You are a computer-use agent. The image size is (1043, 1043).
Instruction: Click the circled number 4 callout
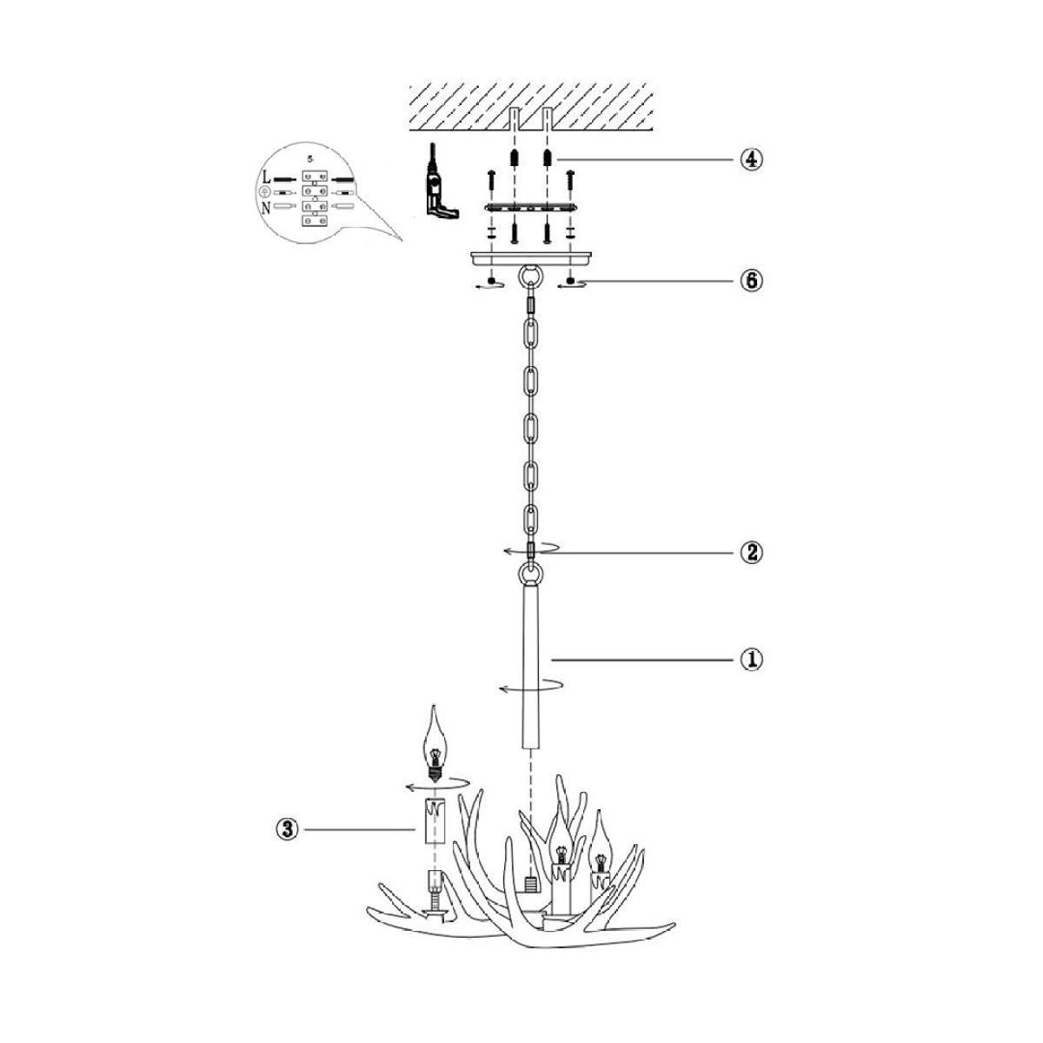pyautogui.click(x=751, y=160)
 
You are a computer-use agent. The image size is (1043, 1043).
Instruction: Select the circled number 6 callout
pyautogui.click(x=751, y=281)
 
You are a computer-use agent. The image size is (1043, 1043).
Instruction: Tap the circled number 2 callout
pyautogui.click(x=751, y=553)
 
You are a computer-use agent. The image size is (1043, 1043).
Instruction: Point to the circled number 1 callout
pyautogui.click(x=751, y=661)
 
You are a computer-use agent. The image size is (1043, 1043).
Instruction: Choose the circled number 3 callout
pyautogui.click(x=287, y=844)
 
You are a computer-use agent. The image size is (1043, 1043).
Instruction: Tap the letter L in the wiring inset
pyautogui.click(x=266, y=177)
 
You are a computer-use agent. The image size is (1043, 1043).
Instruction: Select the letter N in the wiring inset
pyautogui.click(x=266, y=208)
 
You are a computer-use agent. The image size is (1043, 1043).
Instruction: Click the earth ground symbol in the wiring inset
pyautogui.click(x=265, y=191)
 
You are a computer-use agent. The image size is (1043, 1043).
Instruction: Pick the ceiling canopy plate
pyautogui.click(x=532, y=258)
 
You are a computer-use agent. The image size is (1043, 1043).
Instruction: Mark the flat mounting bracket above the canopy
pyautogui.click(x=531, y=208)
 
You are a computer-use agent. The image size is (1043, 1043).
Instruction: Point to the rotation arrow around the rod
pyautogui.click(x=530, y=687)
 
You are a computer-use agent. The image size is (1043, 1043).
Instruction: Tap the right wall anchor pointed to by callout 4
pyautogui.click(x=548, y=158)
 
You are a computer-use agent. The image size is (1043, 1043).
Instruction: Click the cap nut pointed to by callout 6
pyautogui.click(x=570, y=281)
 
